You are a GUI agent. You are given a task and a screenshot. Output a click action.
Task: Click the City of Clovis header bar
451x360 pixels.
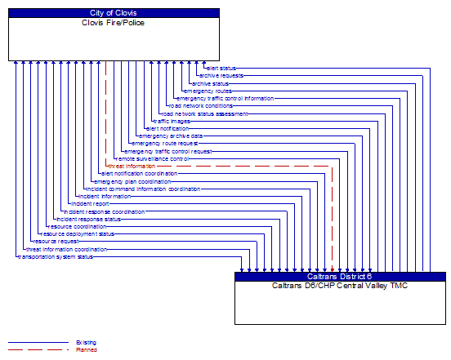(114, 13)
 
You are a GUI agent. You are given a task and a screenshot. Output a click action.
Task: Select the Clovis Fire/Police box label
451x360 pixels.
(114, 22)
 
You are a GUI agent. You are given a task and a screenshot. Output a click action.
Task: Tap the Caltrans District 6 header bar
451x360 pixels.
(340, 276)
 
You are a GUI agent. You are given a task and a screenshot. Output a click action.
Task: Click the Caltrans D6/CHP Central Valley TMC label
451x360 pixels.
(340, 285)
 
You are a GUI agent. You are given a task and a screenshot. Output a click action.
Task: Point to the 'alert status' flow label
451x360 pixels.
(221, 68)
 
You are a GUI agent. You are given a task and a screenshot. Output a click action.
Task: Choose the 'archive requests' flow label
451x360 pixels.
(221, 76)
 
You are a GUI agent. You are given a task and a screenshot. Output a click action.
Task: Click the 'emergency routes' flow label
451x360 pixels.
(208, 91)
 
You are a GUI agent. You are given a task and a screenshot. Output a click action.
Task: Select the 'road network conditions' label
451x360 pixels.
(200, 106)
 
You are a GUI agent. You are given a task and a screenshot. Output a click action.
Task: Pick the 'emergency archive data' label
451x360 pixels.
(171, 136)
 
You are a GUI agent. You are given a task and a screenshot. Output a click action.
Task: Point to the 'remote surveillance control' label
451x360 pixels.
(152, 158)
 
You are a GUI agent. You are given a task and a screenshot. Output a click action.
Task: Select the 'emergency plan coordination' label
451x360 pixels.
(132, 181)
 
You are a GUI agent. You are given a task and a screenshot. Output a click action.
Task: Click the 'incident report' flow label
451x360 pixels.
(90, 203)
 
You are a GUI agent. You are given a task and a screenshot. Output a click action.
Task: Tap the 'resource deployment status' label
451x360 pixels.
(78, 234)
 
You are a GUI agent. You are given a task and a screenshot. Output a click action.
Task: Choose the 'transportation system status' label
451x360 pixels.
(55, 256)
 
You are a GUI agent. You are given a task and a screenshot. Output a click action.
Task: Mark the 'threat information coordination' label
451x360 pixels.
(66, 249)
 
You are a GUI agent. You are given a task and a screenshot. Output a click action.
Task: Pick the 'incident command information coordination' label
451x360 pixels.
(143, 189)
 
